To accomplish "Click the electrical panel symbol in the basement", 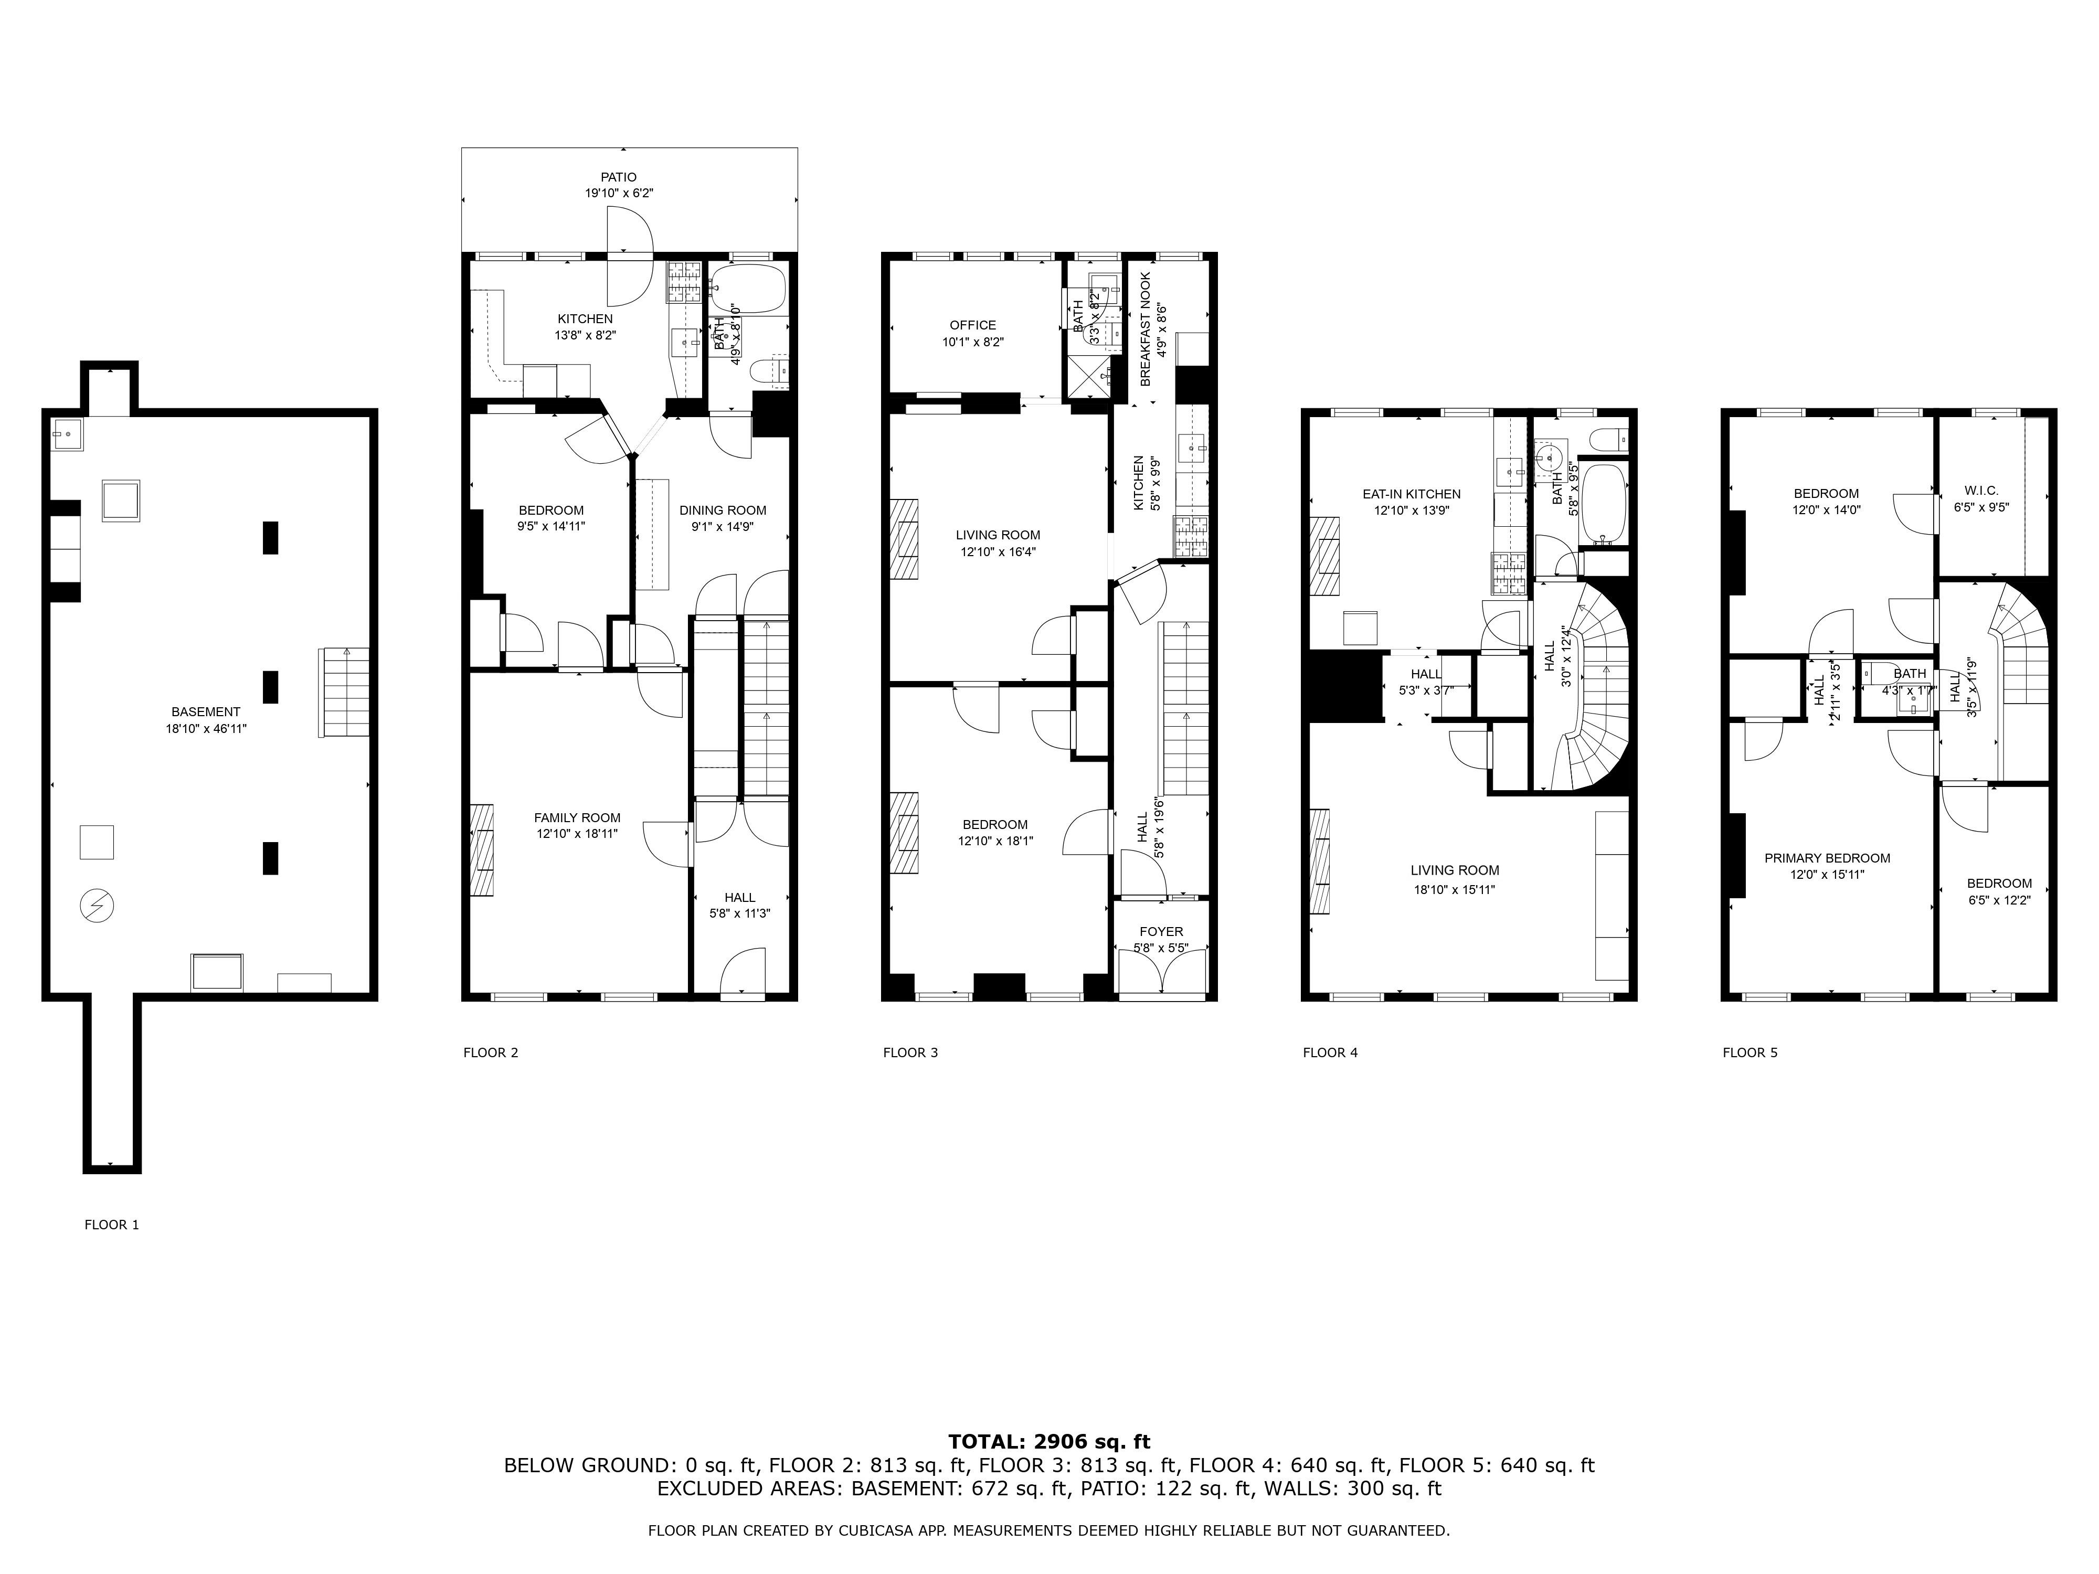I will click(x=97, y=906).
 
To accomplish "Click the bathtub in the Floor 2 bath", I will click(x=749, y=290).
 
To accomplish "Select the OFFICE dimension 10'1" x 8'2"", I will click(x=973, y=342).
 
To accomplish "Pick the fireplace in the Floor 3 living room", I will click(x=904, y=539).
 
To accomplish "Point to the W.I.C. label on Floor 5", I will click(x=1981, y=491).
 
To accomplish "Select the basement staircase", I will click(x=344, y=693).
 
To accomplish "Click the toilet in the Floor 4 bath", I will click(x=1610, y=438).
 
